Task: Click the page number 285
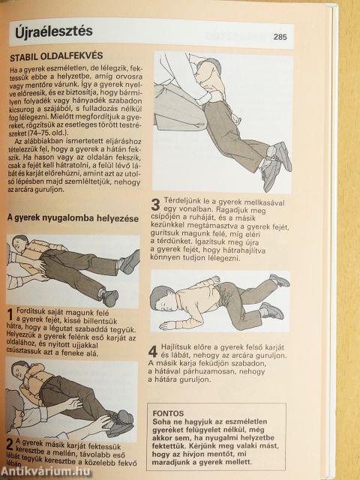(x=280, y=36)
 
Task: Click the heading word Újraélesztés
(x=51, y=31)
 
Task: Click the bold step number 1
(x=10, y=313)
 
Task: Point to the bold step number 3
(x=155, y=205)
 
